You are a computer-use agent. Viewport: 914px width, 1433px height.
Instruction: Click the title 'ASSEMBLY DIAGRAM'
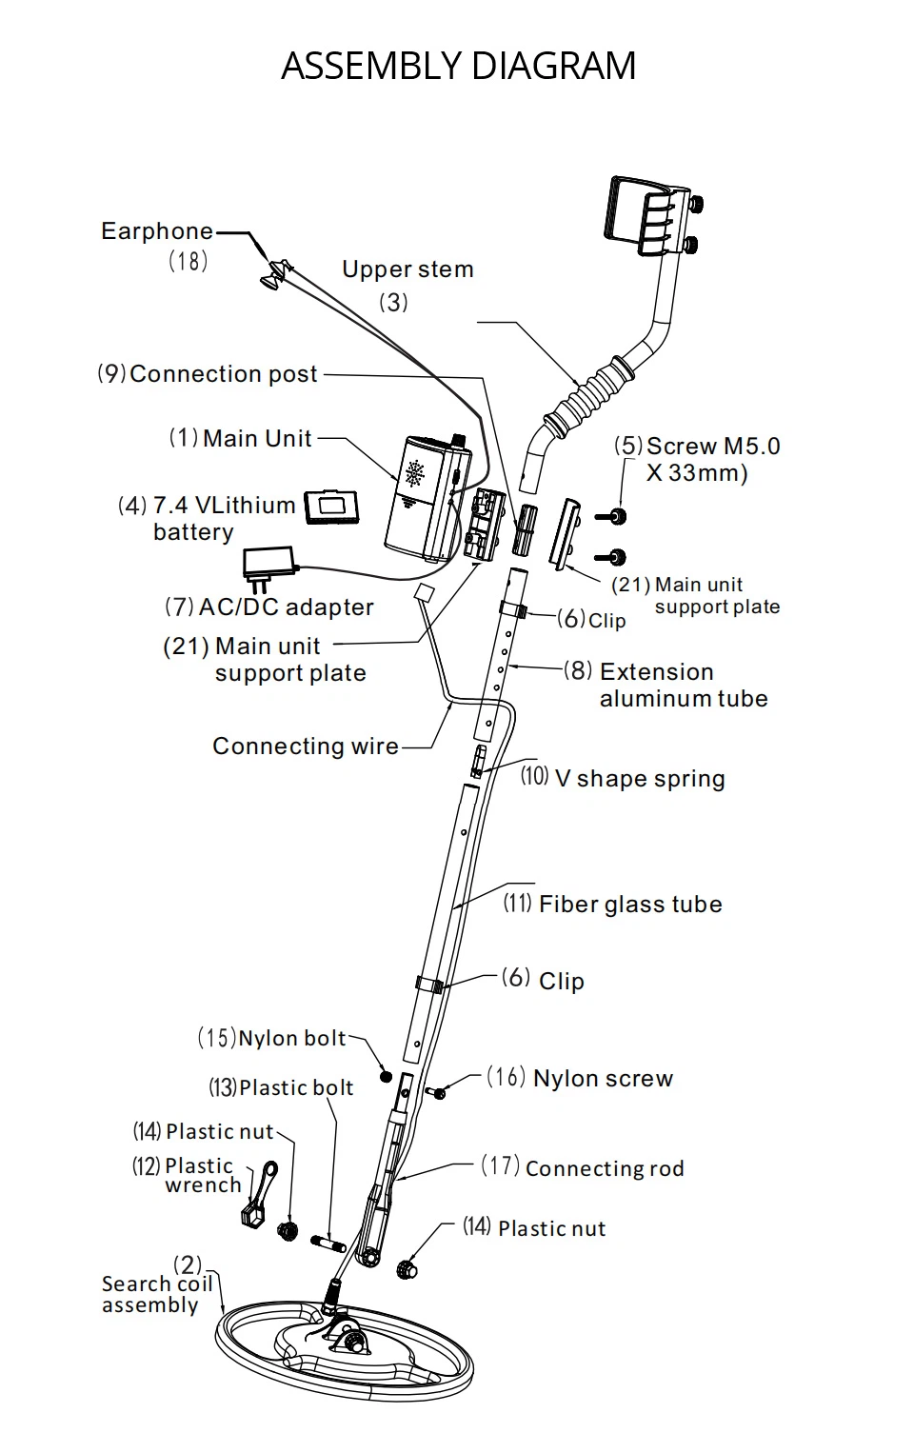[x=458, y=66]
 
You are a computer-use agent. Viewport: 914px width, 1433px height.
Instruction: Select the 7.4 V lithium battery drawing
[x=331, y=507]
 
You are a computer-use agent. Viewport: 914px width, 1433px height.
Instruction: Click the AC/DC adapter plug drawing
[x=270, y=563]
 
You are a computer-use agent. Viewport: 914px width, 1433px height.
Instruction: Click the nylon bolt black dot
[x=386, y=1076]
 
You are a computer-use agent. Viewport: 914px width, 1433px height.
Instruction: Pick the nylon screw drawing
[x=439, y=1093]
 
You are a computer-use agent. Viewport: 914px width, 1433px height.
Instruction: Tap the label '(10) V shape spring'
[x=623, y=778]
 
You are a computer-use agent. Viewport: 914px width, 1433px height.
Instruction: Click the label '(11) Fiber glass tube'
[x=612, y=904]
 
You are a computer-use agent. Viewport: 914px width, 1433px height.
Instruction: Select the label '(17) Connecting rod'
[x=583, y=1167]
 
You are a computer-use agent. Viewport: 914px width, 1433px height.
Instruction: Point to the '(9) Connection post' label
[x=208, y=374]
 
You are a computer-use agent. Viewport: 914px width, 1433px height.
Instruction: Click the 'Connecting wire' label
[x=305, y=746]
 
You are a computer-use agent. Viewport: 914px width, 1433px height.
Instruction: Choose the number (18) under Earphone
[x=188, y=260]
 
